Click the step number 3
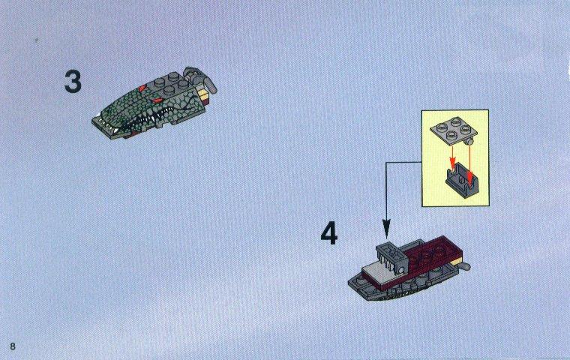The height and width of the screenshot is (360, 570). [x=73, y=82]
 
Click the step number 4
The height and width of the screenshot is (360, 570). [x=329, y=234]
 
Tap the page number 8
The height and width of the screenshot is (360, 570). [x=13, y=346]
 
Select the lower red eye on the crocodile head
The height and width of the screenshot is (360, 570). [x=157, y=100]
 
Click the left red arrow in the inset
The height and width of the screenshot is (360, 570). [x=452, y=157]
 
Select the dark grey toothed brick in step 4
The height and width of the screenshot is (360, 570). [x=391, y=257]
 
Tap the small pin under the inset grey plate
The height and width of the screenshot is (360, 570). [x=469, y=141]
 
